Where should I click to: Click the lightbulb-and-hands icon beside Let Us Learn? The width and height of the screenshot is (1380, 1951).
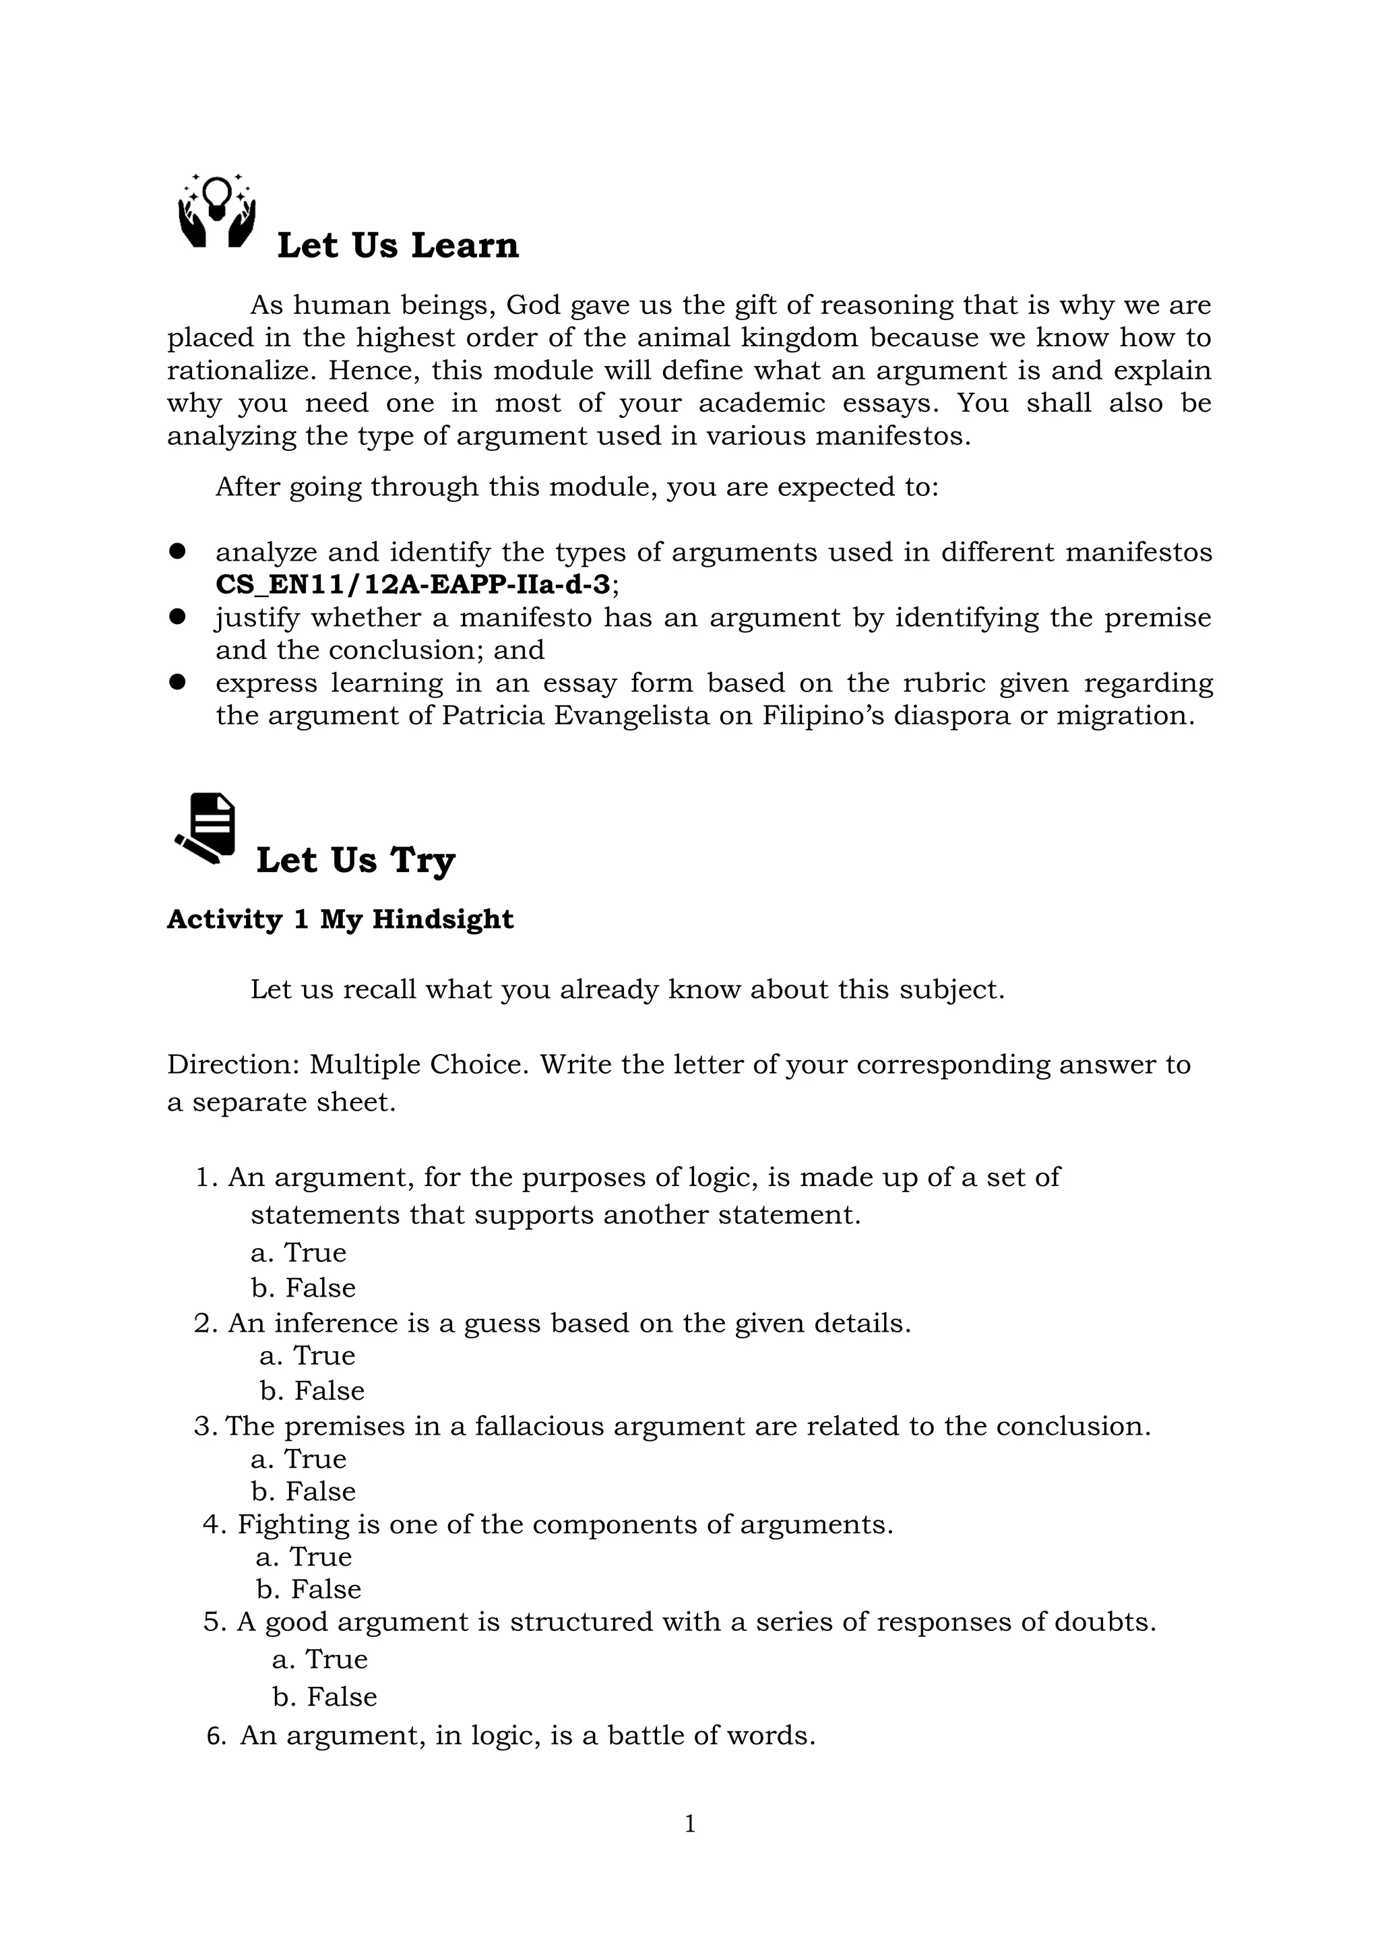pyautogui.click(x=217, y=211)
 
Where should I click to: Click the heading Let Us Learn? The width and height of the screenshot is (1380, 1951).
pyautogui.click(x=398, y=245)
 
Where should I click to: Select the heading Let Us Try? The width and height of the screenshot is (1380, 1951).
pyautogui.click(x=355, y=860)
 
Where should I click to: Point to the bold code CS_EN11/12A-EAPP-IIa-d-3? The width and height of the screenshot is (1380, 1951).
pyautogui.click(x=413, y=584)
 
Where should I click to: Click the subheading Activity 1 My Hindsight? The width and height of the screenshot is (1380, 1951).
pyautogui.click(x=340, y=919)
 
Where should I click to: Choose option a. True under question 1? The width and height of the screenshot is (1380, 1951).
pyautogui.click(x=299, y=1253)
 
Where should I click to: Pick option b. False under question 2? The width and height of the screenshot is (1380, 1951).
pyautogui.click(x=312, y=1390)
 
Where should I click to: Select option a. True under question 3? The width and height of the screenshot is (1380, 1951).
pyautogui.click(x=299, y=1458)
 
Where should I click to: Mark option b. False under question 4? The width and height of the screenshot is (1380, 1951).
pyautogui.click(x=309, y=1589)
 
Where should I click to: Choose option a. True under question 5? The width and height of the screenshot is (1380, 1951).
pyautogui.click(x=319, y=1659)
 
